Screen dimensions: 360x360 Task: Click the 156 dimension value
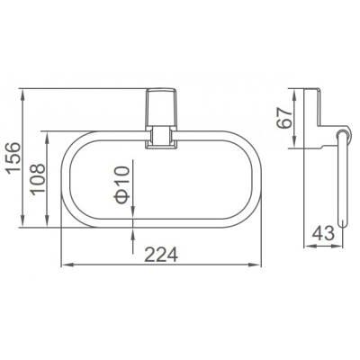point(13,157)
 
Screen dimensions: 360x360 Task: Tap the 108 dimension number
point(39,179)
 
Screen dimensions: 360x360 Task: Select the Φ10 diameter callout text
point(122,185)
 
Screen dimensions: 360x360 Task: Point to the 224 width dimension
point(161,256)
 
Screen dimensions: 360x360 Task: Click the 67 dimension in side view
point(284,118)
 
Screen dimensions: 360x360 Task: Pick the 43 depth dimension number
point(323,233)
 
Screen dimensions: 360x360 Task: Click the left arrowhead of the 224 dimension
point(66,265)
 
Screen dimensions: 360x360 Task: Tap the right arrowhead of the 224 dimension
point(256,265)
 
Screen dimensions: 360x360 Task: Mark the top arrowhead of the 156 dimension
point(22,94)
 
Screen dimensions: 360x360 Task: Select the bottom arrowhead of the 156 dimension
point(22,221)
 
